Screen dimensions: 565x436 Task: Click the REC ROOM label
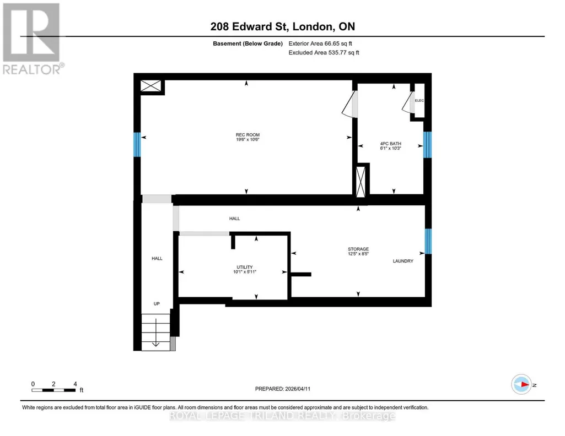tap(247, 135)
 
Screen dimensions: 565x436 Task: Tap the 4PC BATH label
tap(391, 144)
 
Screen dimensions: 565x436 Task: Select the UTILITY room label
tap(244, 267)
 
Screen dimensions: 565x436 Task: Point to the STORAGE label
tap(358, 249)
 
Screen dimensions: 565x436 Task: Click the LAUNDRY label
tap(403, 261)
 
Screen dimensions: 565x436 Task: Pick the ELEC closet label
tap(419, 100)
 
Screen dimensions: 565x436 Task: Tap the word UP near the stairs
tap(157, 304)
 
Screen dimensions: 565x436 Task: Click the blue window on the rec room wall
tap(137, 145)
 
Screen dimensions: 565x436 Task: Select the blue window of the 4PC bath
tap(427, 145)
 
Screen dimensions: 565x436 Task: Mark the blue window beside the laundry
tap(428, 241)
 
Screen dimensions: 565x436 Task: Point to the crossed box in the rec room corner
tap(150, 86)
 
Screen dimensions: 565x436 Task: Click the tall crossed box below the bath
tap(360, 182)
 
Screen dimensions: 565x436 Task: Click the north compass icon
tap(521, 385)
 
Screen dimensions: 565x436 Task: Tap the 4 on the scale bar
tap(75, 384)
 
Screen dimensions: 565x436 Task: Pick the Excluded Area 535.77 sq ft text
tap(324, 52)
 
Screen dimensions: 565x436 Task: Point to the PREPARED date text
tap(282, 389)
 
